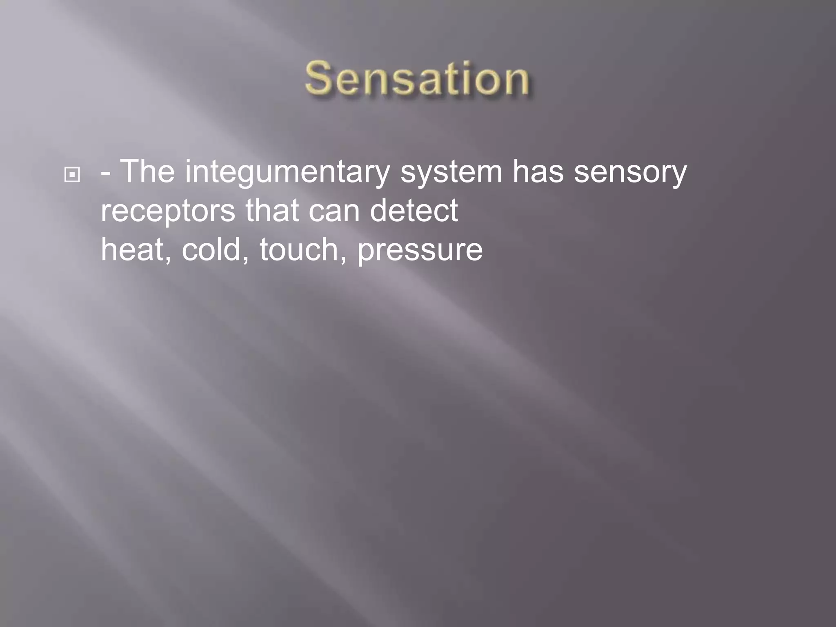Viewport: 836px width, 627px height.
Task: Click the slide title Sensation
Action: tap(417, 78)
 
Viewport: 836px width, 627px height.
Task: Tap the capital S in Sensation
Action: tap(318, 78)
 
